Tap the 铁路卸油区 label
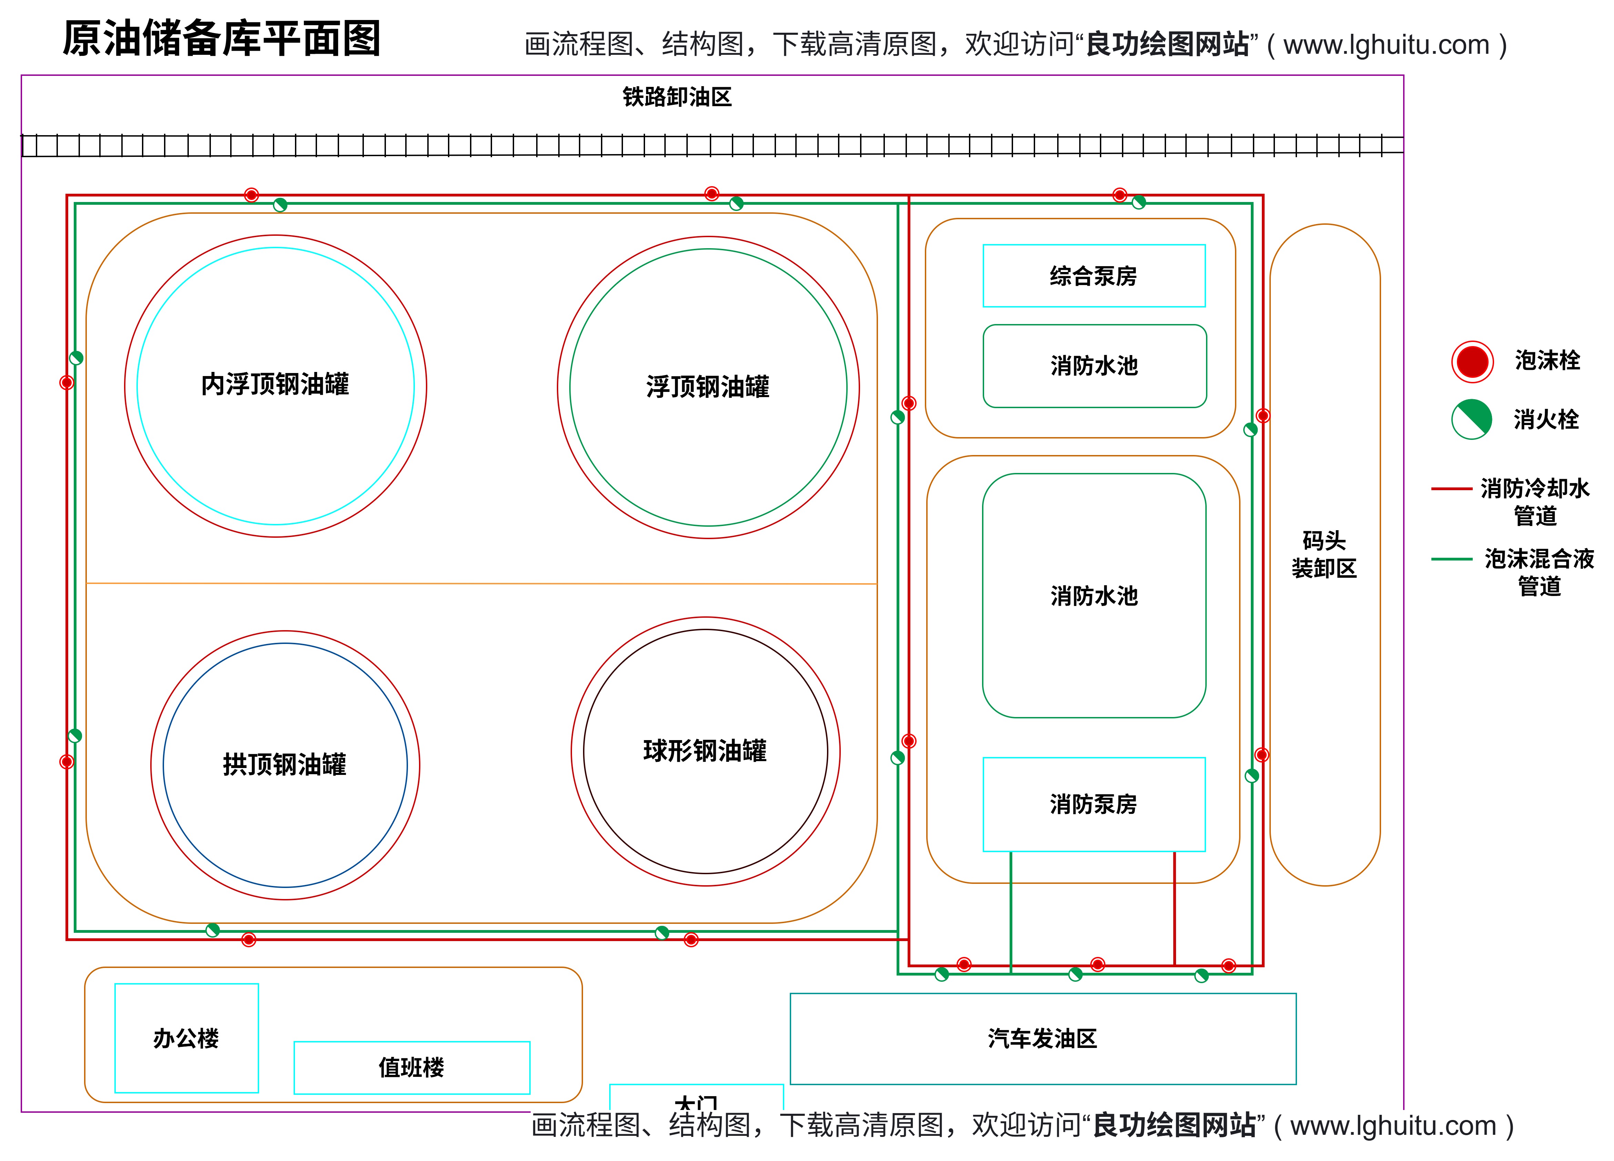pos(677,97)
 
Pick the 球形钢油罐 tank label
pos(705,751)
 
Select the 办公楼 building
pos(186,1038)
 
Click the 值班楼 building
pos(411,1067)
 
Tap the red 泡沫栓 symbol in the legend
pos(1472,362)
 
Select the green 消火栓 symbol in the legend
pos(1472,419)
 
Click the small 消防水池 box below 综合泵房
pos(1094,366)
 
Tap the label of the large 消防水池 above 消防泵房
pos(1094,596)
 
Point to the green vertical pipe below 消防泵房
pos(1011,911)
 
